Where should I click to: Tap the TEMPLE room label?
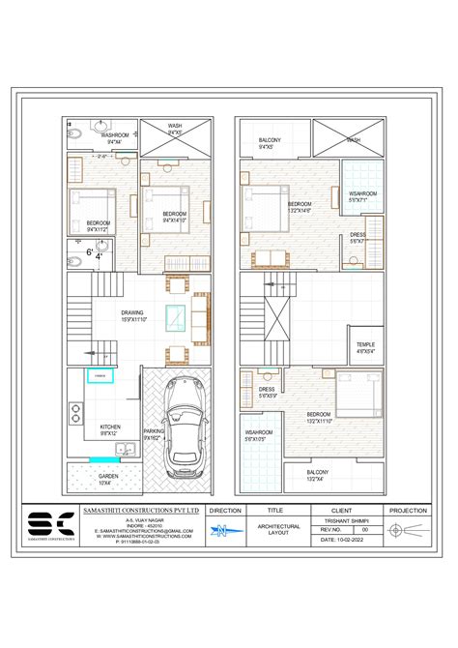365,348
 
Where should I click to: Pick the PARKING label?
153,434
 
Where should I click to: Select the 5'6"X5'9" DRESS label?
267,392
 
